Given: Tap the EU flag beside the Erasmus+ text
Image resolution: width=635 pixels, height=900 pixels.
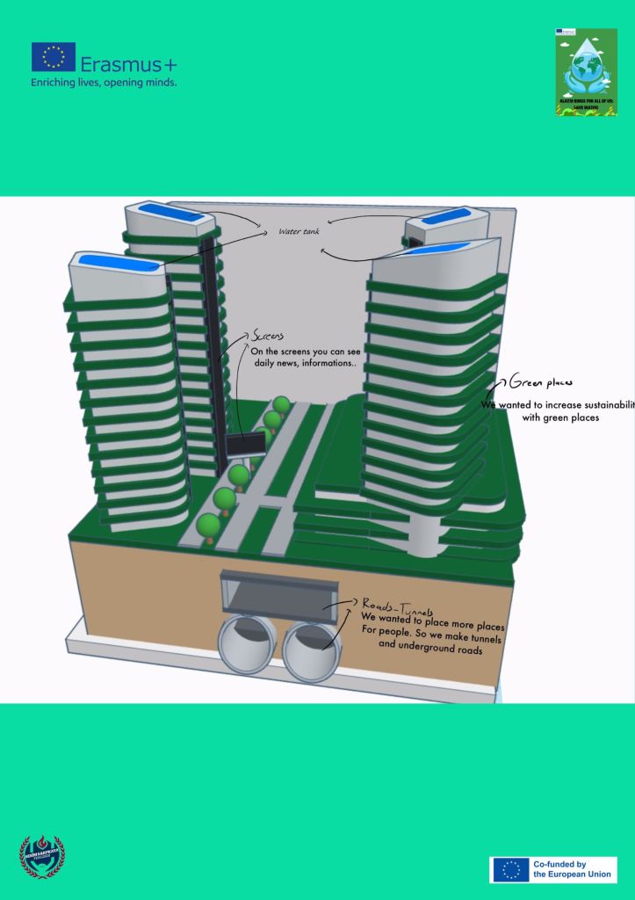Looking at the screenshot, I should click(54, 57).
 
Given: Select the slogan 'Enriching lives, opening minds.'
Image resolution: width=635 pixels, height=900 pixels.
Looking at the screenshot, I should click(104, 82).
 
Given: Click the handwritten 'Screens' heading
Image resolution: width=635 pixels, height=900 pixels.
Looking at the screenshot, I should click(268, 336).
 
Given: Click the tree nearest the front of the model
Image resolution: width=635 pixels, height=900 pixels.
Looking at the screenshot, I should click(208, 526).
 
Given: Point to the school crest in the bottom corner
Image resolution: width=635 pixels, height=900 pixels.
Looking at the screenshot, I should click(42, 856).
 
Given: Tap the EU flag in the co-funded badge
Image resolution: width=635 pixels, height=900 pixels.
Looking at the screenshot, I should click(509, 870).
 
